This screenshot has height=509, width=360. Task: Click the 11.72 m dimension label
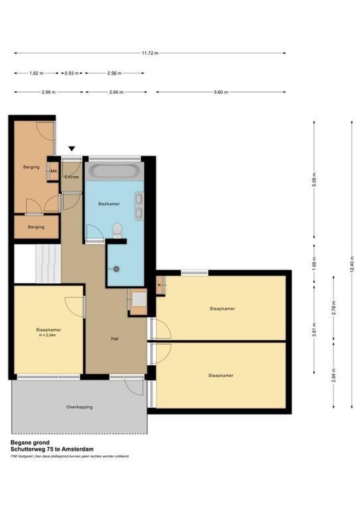point(150,53)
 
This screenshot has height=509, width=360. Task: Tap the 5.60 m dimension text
point(221,92)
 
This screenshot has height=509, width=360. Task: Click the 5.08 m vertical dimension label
point(314,180)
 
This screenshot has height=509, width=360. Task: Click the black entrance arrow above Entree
point(72,149)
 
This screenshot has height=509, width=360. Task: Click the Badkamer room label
point(109,204)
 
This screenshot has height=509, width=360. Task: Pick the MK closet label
point(53,171)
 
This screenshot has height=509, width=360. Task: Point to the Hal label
point(115,338)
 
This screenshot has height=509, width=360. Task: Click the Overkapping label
point(79,407)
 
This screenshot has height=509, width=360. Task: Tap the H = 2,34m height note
point(49,336)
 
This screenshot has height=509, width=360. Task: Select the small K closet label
point(159,285)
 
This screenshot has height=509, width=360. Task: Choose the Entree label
point(72,177)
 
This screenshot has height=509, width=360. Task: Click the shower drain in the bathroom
point(116,269)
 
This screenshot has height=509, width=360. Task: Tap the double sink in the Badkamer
point(139,206)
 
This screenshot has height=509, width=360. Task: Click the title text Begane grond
point(30,443)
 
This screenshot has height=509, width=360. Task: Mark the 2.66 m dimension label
point(115,92)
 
